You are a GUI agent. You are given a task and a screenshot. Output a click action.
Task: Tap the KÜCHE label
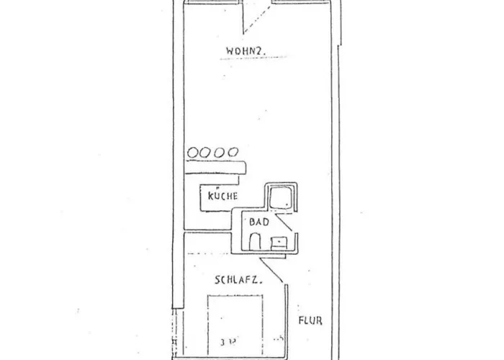(x=222, y=195)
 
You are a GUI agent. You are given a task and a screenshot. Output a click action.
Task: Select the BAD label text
(x=258, y=222)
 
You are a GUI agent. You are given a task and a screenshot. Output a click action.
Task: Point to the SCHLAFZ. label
(x=236, y=279)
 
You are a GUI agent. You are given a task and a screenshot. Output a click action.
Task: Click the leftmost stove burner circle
(x=193, y=152)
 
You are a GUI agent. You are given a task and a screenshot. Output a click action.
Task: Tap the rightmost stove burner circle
(x=232, y=152)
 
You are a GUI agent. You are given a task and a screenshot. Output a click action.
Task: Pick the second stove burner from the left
(x=206, y=152)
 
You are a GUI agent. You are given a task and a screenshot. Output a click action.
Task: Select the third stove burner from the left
(x=219, y=152)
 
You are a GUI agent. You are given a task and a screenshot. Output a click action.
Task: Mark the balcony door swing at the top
(x=256, y=18)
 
